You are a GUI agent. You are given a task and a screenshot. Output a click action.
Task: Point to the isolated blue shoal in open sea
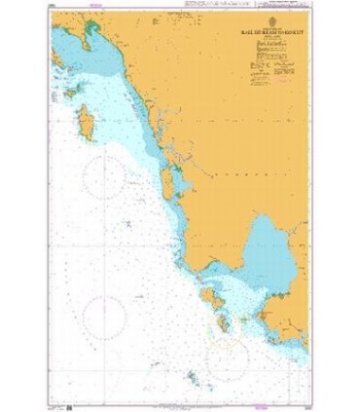pyautogui.click(x=127, y=226)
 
